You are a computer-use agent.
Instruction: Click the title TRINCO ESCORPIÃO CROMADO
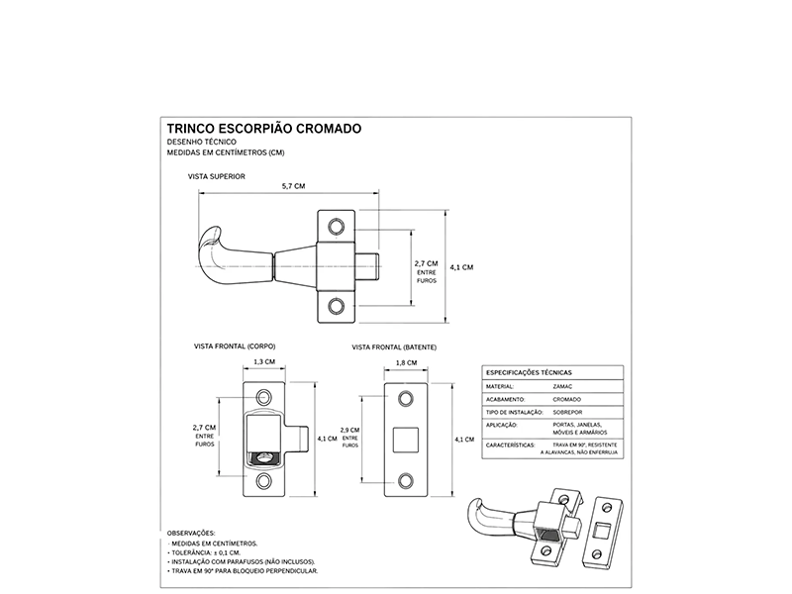264,129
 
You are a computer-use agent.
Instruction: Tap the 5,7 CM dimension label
293,186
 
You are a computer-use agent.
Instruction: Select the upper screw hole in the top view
336,227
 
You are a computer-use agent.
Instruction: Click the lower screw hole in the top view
336,306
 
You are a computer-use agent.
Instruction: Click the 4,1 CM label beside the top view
461,267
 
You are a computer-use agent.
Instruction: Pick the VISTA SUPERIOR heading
217,176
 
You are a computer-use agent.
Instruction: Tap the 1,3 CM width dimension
264,361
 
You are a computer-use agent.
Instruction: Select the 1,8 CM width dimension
406,362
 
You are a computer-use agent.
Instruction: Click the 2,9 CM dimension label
350,431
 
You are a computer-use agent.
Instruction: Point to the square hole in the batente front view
406,440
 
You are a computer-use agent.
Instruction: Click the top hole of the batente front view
406,399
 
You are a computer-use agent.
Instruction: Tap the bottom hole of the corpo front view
263,481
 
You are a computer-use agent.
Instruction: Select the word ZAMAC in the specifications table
562,386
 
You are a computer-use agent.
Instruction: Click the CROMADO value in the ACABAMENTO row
566,399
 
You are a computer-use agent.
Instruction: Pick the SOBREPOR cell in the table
567,412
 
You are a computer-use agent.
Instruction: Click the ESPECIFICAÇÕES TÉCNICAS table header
529,373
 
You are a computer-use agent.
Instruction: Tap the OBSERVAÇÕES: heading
191,533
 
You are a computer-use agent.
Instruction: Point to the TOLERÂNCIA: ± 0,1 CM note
204,552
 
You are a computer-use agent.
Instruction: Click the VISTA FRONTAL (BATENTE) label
394,347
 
